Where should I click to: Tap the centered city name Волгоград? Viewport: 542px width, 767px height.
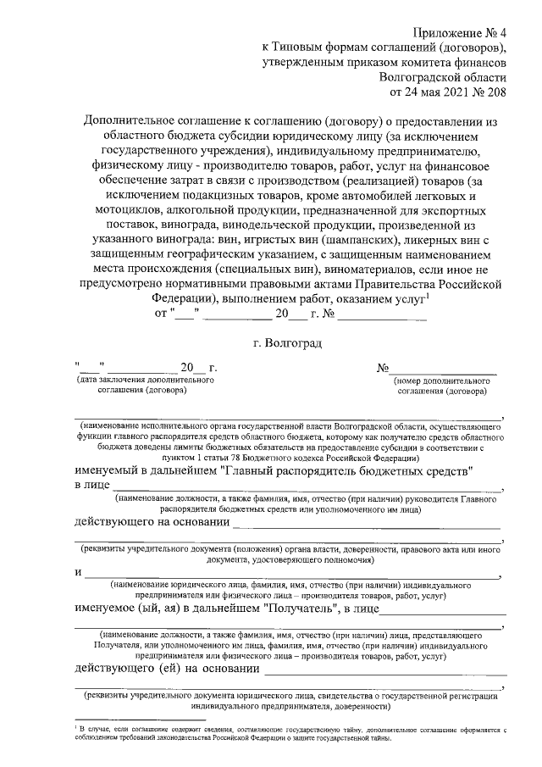288,343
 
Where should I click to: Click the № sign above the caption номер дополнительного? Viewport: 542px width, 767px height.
383,368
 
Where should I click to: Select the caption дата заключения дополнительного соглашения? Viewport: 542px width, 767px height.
144,386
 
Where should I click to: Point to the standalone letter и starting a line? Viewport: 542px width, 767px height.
78,573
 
